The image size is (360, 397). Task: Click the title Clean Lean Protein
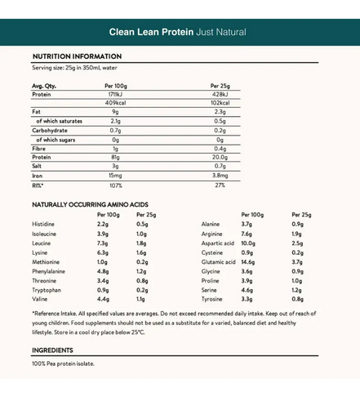coord(151,32)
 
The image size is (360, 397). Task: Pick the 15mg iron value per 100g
coord(115,175)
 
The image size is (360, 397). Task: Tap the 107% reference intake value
coord(115,185)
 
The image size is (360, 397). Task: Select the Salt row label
coord(37,166)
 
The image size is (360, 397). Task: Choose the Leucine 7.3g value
coord(103,243)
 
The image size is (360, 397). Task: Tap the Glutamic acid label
coord(218,262)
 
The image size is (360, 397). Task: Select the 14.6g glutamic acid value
coord(248,262)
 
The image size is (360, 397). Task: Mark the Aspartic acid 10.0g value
coord(248,243)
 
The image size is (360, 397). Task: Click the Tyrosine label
coord(212,300)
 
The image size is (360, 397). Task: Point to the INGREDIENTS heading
coord(52,350)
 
